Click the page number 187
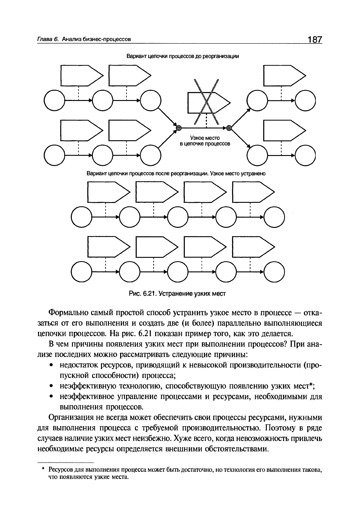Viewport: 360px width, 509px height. coord(315,40)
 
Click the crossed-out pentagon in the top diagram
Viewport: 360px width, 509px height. coord(207,102)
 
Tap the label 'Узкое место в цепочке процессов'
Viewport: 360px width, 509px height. coord(205,141)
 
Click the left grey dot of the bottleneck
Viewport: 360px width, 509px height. coord(179,128)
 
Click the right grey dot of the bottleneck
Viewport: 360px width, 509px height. coord(229,128)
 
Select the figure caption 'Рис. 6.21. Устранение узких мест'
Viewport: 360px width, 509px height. coord(178,293)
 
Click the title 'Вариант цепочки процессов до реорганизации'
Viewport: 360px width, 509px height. coord(183,56)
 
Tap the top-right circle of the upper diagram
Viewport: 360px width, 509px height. coord(305,100)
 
